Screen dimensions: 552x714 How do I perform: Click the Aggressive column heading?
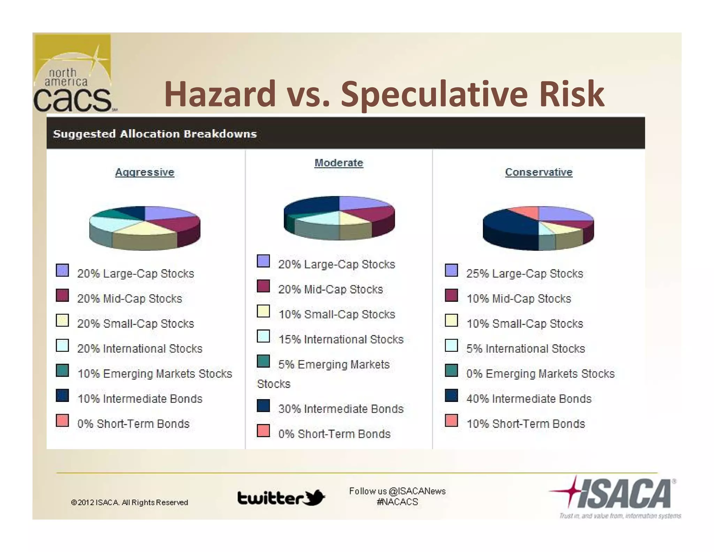(x=144, y=172)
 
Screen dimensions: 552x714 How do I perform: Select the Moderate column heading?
(x=339, y=163)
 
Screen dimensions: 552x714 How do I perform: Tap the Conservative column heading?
(x=539, y=172)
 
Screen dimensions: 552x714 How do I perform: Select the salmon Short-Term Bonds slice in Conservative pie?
(x=525, y=212)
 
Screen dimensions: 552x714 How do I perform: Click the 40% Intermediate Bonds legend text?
(x=529, y=398)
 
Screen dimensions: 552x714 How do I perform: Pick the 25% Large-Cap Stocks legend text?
(x=524, y=273)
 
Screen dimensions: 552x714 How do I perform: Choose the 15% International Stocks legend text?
(x=341, y=339)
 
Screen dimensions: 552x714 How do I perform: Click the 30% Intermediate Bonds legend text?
(x=341, y=409)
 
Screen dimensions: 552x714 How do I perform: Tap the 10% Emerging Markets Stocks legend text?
(x=154, y=373)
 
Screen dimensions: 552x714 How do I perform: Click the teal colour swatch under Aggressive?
(x=62, y=371)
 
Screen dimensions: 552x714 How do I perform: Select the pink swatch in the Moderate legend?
(x=263, y=431)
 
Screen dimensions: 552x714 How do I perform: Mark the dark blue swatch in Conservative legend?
(x=451, y=396)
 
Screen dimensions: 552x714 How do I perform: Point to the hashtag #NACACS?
(x=397, y=502)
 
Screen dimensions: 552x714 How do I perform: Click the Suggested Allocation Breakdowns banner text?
(x=154, y=134)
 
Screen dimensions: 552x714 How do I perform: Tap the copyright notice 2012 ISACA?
(x=129, y=502)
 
